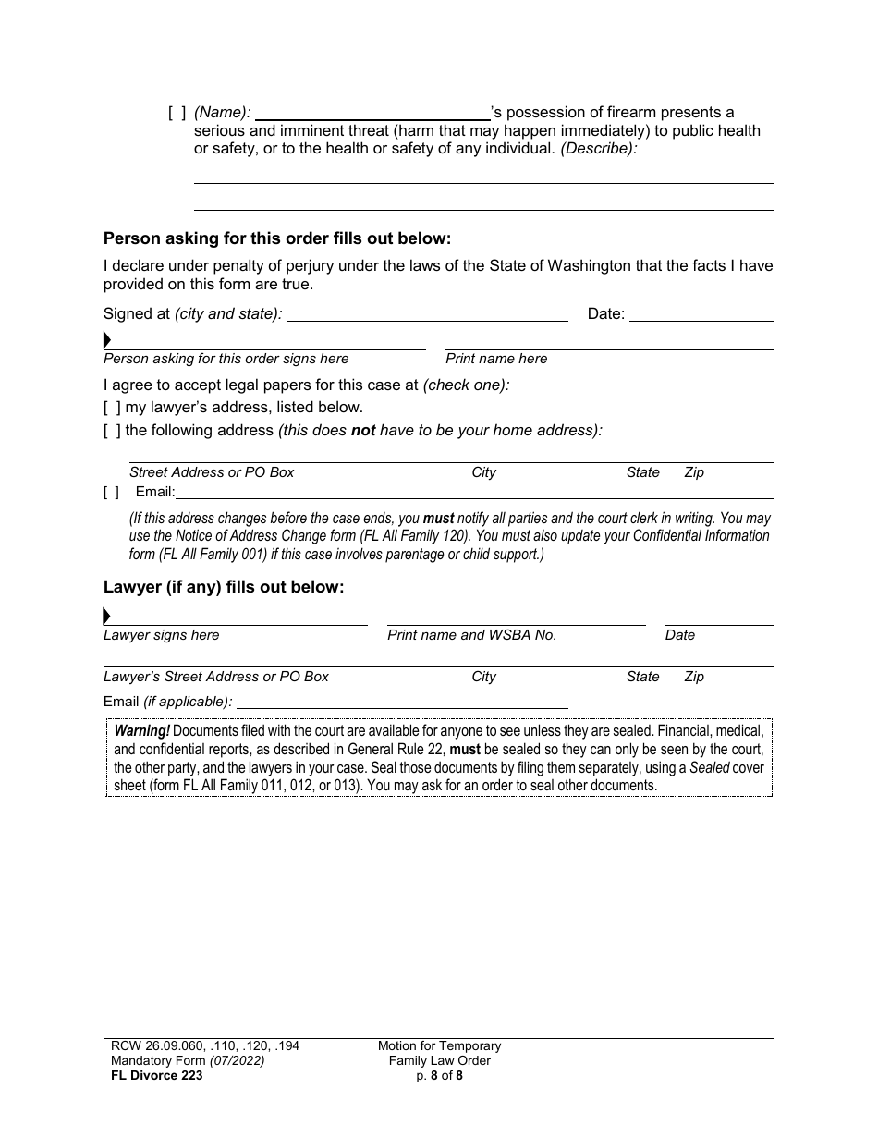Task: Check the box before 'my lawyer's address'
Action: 111,408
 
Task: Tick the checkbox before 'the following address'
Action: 111,431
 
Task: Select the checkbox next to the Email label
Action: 111,493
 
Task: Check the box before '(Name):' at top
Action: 177,113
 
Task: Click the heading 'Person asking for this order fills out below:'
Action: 277,238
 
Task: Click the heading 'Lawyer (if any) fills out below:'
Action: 224,587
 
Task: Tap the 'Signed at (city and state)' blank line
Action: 428,314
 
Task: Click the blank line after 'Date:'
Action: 701,314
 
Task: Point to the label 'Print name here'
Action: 496,359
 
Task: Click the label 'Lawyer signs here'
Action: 162,635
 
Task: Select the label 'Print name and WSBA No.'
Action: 471,635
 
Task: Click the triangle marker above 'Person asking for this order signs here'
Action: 107,340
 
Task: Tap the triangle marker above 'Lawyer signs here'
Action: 107,617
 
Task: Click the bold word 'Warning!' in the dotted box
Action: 142,731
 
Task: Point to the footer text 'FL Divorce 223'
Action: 152,1075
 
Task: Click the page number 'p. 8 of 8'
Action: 439,1075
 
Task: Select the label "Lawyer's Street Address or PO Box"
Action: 216,677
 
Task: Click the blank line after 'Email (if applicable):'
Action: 401,703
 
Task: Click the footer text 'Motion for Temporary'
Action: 439,1046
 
